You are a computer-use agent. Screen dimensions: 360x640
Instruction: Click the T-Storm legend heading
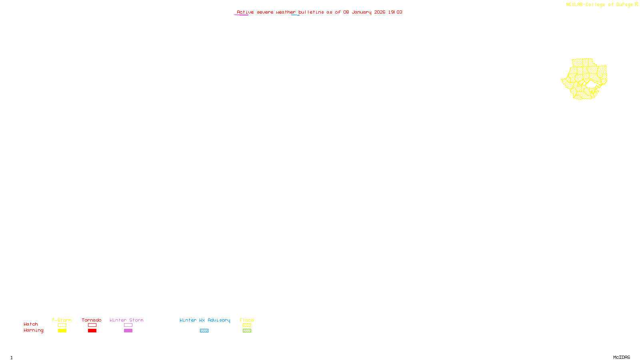pos(62,320)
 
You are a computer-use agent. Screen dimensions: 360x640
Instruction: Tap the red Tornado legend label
pos(92,320)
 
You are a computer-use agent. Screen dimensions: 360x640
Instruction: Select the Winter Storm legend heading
pos(126,320)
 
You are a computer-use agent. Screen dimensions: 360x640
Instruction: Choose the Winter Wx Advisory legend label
pos(205,320)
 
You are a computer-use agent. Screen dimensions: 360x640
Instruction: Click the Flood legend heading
pos(247,320)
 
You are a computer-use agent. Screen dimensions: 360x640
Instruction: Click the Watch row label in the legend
pos(31,324)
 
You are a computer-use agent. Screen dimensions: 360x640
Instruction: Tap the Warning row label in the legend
pos(34,330)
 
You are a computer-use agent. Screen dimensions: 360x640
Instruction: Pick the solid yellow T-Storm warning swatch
pos(62,331)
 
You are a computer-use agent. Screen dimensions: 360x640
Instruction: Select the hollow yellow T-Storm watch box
pos(62,325)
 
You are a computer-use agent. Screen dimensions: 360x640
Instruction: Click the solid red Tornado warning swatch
pos(92,331)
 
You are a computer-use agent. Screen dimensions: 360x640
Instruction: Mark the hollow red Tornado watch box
pos(92,325)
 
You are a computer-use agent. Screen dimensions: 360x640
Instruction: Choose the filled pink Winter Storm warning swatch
pos(128,331)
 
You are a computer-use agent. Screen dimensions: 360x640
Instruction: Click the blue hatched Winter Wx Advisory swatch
pos(204,331)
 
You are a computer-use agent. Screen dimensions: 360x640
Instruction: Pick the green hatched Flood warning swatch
pos(247,331)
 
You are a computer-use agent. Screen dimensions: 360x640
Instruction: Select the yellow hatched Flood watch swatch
pos(247,325)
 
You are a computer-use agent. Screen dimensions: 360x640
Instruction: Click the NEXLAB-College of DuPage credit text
pos(600,5)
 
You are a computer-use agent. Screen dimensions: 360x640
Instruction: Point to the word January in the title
pos(362,12)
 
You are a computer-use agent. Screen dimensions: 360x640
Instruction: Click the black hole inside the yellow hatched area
pos(591,84)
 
